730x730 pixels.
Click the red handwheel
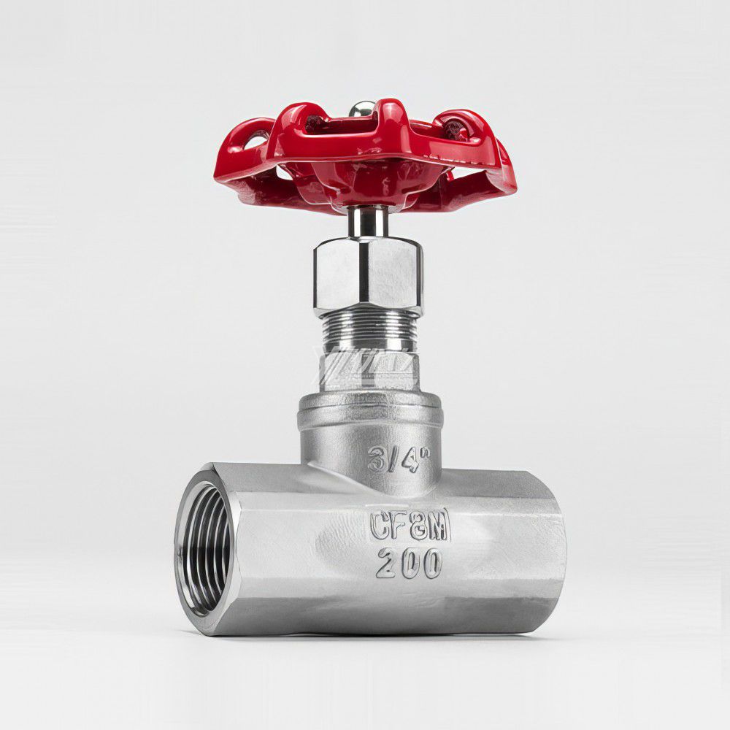pos(380,157)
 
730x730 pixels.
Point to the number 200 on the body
pos(409,564)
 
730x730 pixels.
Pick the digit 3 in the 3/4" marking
pos(376,458)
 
